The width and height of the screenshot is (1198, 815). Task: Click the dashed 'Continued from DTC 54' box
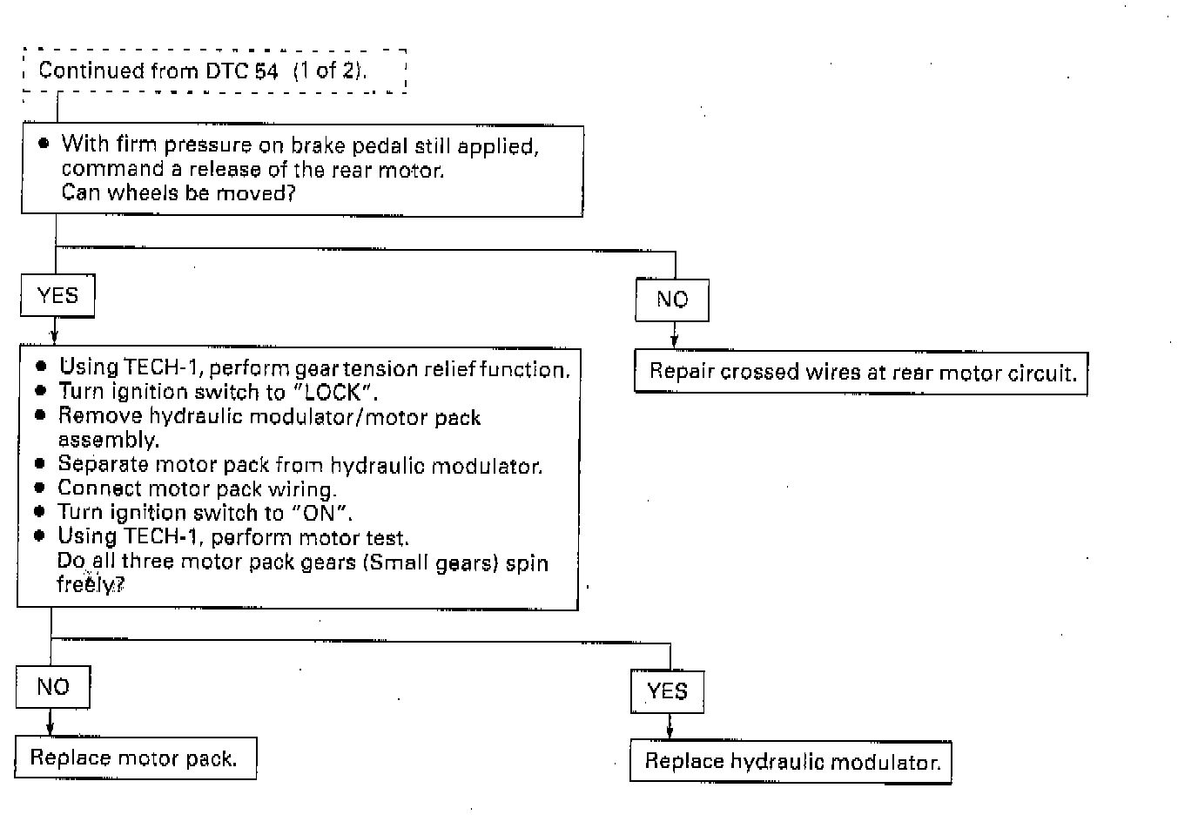coord(214,71)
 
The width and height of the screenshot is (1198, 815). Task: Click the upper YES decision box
coord(57,296)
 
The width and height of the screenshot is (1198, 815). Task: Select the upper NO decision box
coord(672,300)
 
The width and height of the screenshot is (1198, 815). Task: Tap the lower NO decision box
coord(53,687)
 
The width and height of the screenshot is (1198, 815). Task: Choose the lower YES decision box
coord(667,691)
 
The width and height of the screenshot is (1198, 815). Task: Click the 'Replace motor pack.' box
coord(136,758)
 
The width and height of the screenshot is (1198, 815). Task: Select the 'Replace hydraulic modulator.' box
coord(791,762)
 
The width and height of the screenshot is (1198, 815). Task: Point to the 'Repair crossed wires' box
coord(861,373)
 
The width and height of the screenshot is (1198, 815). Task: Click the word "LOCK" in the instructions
coord(332,392)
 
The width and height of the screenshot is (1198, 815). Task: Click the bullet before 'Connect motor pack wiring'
coord(40,488)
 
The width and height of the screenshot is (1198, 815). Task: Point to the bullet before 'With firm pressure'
coord(44,144)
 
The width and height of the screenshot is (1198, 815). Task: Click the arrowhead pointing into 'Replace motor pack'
coord(50,729)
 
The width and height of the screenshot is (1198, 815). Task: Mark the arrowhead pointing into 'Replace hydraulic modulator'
coord(669,732)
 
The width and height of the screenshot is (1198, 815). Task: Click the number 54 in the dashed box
coord(266,71)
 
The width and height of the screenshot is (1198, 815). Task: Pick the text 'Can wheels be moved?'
coord(178,192)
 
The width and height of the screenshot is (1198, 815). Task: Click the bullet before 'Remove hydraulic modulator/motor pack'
coord(40,415)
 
